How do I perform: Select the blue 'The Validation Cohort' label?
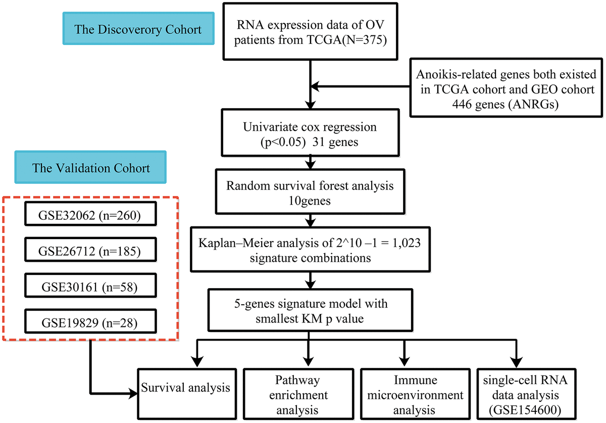[91, 168]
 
